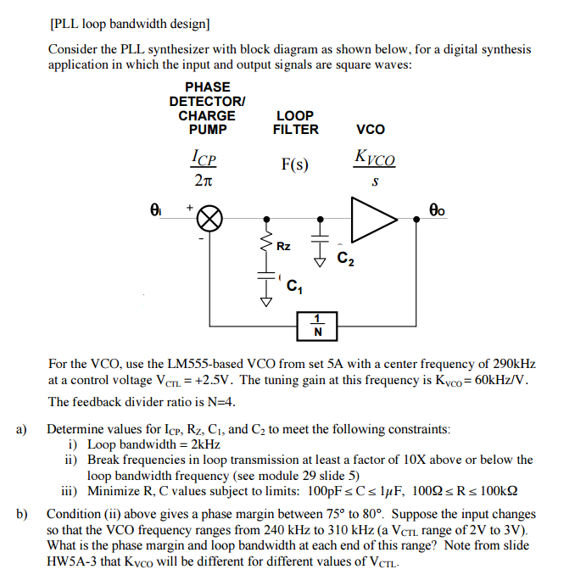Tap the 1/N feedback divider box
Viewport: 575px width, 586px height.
point(317,325)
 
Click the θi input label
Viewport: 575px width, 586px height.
point(155,206)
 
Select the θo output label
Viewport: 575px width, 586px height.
point(437,206)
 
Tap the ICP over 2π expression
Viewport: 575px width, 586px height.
point(204,167)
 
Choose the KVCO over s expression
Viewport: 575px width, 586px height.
point(375,167)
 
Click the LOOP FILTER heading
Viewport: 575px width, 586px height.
point(295,122)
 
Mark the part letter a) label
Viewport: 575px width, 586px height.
point(22,429)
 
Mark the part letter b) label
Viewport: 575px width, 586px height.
point(22,514)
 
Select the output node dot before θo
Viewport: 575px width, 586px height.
point(416,219)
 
